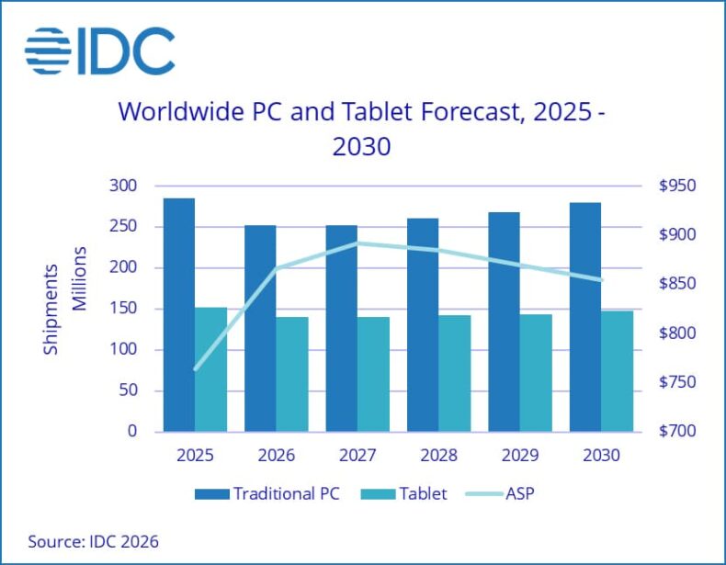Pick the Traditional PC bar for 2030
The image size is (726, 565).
pos(585,317)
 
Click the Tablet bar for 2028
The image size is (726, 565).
pos(455,373)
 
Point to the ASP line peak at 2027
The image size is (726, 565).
pos(357,243)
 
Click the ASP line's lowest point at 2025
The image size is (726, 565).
pos(195,369)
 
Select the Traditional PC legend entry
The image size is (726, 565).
pos(267,493)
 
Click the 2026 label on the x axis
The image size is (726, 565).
pos(276,455)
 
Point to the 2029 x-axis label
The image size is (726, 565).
pos(519,455)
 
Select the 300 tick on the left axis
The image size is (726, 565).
pos(124,186)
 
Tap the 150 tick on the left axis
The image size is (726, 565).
pos(124,309)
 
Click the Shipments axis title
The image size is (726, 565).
pos(51,310)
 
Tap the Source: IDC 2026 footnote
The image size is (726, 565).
pos(86,541)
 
